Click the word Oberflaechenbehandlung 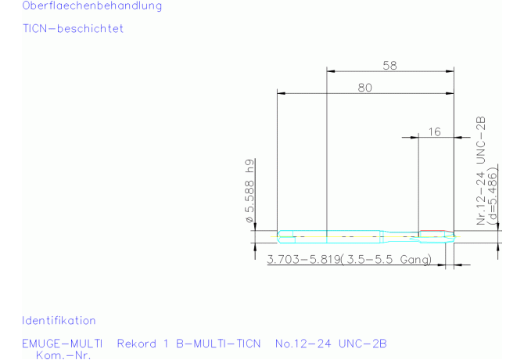(x=92, y=5)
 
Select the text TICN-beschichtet (x=74, y=28)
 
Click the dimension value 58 (x=389, y=65)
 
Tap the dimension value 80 (x=365, y=88)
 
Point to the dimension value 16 (x=434, y=131)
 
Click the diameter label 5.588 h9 (x=249, y=191)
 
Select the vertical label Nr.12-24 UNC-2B (x=480, y=171)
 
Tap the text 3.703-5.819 (x=303, y=259)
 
